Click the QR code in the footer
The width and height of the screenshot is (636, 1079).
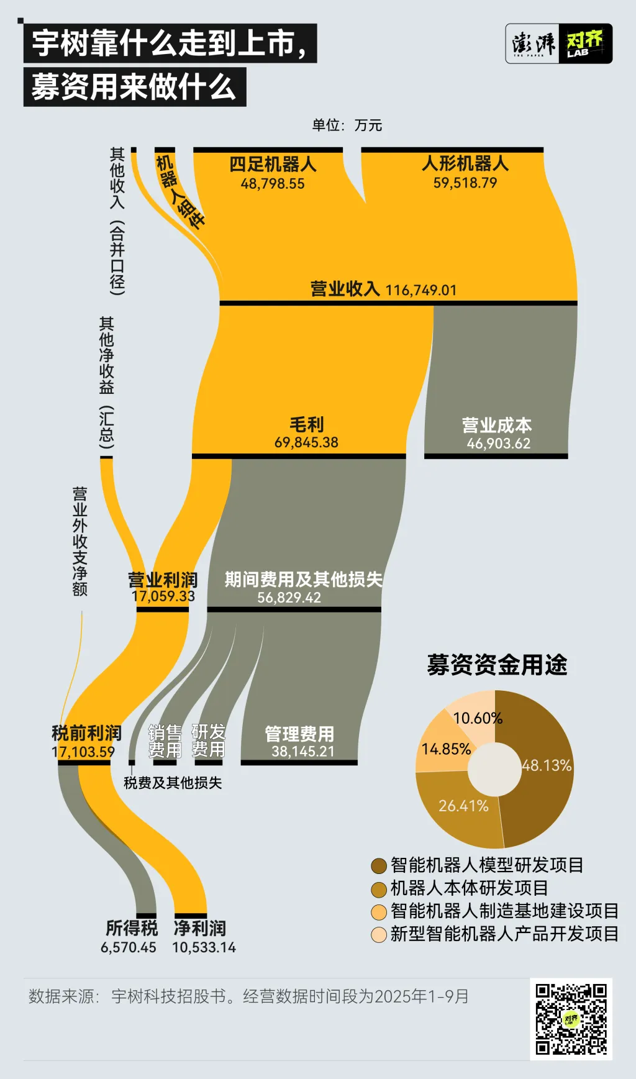[x=571, y=1019]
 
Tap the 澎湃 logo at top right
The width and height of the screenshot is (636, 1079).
[x=534, y=43]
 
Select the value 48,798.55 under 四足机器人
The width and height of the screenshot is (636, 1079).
[x=273, y=184]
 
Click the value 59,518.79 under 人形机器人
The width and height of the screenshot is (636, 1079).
[x=465, y=183]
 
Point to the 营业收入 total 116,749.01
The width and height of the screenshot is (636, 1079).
[x=421, y=290]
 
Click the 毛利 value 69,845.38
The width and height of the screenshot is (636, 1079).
[x=306, y=442]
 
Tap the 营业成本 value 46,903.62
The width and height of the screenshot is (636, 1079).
[x=499, y=444]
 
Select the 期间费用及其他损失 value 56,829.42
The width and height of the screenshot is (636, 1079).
[x=289, y=598]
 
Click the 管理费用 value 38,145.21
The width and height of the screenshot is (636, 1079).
[x=303, y=751]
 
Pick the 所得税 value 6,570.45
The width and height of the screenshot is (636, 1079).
[x=129, y=947]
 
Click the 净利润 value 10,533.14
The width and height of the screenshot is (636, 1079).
[x=204, y=947]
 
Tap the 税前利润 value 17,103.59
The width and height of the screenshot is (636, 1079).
[x=83, y=752]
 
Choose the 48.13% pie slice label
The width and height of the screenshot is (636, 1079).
[x=547, y=765]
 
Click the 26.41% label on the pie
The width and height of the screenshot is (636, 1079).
[x=463, y=806]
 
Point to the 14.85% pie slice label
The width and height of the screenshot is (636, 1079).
[x=446, y=749]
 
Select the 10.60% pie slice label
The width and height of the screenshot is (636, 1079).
[x=478, y=718]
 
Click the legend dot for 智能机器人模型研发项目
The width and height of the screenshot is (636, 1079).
[x=379, y=866]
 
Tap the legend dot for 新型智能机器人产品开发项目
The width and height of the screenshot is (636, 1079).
[x=379, y=935]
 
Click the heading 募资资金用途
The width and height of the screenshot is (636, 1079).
[x=497, y=665]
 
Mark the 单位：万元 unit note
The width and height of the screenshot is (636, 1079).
[x=347, y=125]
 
